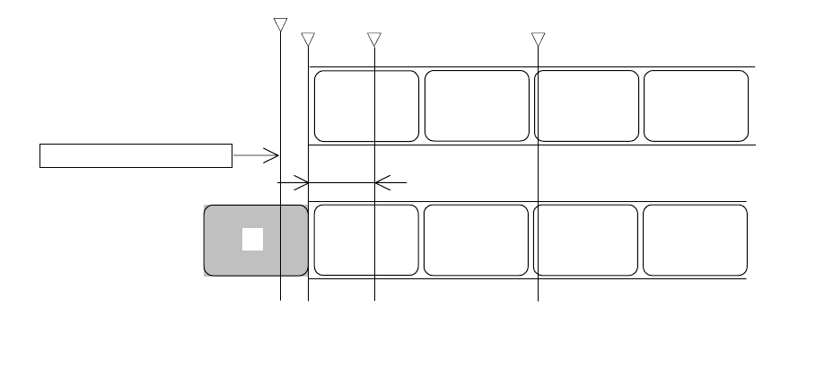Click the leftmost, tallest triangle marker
[x=280, y=24]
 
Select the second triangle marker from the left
[x=308, y=40]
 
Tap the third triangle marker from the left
[x=374, y=40]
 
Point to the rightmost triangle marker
[x=538, y=40]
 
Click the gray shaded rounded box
[x=224, y=260]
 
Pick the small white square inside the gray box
[x=252, y=239]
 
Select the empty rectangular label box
[x=136, y=155]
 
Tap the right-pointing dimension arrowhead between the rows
[x=303, y=183]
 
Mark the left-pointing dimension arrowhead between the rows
[x=381, y=183]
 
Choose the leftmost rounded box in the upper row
[x=366, y=106]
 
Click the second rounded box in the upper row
[x=477, y=106]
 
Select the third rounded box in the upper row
[x=586, y=106]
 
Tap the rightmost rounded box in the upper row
[x=696, y=106]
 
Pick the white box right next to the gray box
[x=366, y=240]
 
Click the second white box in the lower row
[x=476, y=240]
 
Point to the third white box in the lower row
[x=585, y=240]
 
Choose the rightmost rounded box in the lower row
[x=695, y=240]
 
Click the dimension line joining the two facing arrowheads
[x=341, y=183]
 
